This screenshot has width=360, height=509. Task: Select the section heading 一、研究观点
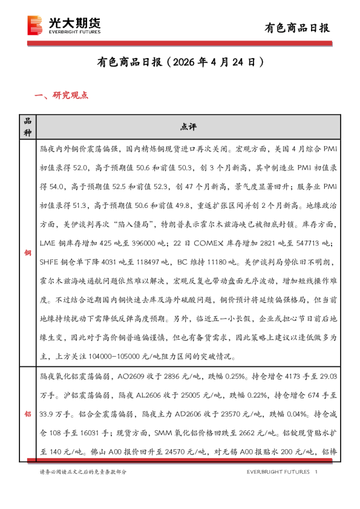coord(62,95)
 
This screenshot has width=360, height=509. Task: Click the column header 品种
coord(27,126)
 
